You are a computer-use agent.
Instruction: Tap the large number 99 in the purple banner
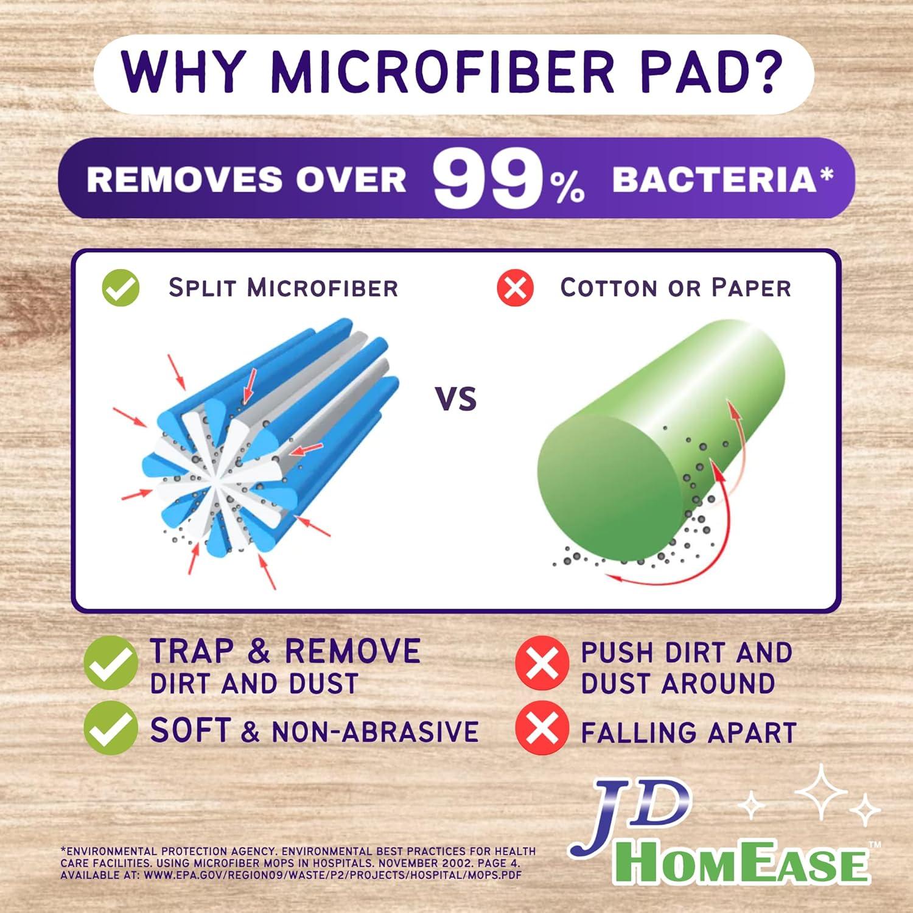486,180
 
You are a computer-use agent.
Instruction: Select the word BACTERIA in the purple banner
714,180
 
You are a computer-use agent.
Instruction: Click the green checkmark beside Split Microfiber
121,288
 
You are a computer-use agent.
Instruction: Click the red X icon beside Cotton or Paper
515,288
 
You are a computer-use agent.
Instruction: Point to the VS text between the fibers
456,399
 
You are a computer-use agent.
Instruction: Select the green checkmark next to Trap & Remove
111,663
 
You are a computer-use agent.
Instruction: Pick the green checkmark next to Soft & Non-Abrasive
111,728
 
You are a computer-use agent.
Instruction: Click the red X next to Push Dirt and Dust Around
542,663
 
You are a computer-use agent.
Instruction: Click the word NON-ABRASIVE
375,731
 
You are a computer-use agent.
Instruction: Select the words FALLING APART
688,733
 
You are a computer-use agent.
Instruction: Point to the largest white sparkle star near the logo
821,791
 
